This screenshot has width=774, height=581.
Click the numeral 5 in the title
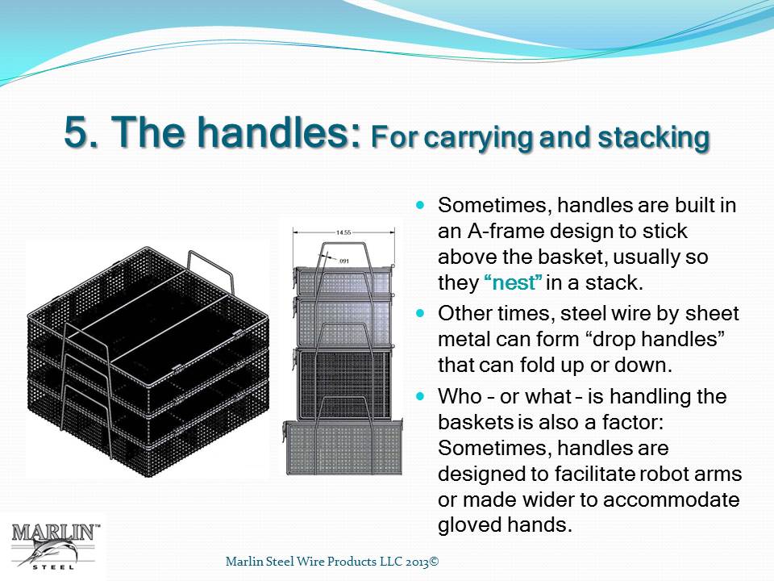click(76, 132)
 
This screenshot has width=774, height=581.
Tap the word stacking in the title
click(654, 138)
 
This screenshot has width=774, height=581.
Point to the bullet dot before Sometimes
click(420, 204)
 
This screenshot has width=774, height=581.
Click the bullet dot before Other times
click(420, 313)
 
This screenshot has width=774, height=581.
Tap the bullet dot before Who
click(420, 395)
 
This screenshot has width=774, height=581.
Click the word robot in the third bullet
click(664, 474)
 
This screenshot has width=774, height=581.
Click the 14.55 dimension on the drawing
click(343, 232)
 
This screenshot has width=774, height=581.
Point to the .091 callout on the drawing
click(343, 261)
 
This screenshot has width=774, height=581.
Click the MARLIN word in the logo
click(53, 533)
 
